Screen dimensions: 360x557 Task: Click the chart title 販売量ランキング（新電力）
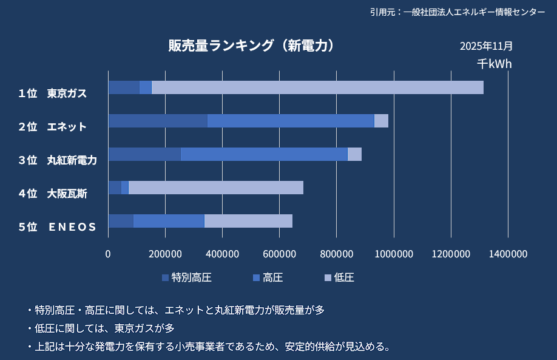pyautogui.click(x=251, y=46)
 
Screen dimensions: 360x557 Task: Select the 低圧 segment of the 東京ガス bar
pyautogui.click(x=317, y=87)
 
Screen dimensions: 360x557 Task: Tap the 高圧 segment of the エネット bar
pyautogui.click(x=291, y=121)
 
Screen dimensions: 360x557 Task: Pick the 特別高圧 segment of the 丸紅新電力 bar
pyautogui.click(x=144, y=154)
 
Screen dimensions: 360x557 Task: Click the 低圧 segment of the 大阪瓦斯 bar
pyautogui.click(x=215, y=188)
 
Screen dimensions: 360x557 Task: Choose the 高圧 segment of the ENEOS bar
pyautogui.click(x=169, y=221)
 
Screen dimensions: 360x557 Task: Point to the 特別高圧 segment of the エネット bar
pyautogui.click(x=158, y=121)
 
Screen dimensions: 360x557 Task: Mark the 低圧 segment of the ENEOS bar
pyautogui.click(x=248, y=221)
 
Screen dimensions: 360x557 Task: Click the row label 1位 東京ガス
pyautogui.click(x=53, y=93)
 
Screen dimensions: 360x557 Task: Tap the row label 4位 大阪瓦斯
pyautogui.click(x=53, y=194)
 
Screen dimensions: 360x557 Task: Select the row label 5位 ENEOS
pyautogui.click(x=58, y=227)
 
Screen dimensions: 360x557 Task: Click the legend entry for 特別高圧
pyautogui.click(x=187, y=278)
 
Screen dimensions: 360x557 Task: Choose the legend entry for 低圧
pyautogui.click(x=339, y=278)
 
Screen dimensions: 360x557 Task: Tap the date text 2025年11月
pyautogui.click(x=486, y=46)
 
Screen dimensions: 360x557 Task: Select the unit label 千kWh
pyautogui.click(x=494, y=64)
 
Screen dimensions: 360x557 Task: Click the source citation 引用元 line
pyautogui.click(x=457, y=12)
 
